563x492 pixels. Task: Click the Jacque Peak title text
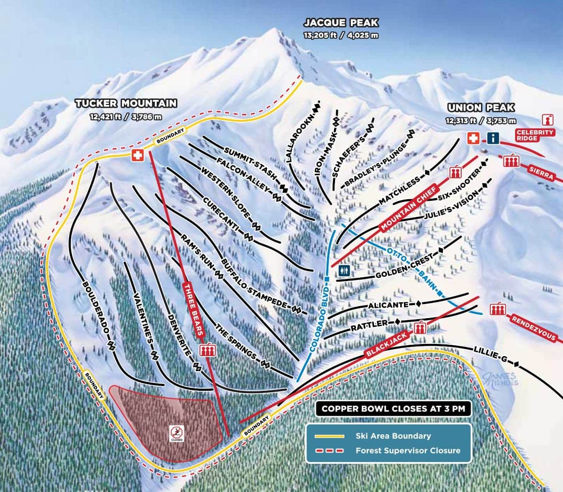click(341, 22)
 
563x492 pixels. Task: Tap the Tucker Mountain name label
click(126, 104)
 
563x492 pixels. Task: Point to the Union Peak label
click(481, 107)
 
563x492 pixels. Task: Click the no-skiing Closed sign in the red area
click(177, 434)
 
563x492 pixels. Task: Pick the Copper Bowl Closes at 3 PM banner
click(393, 408)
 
